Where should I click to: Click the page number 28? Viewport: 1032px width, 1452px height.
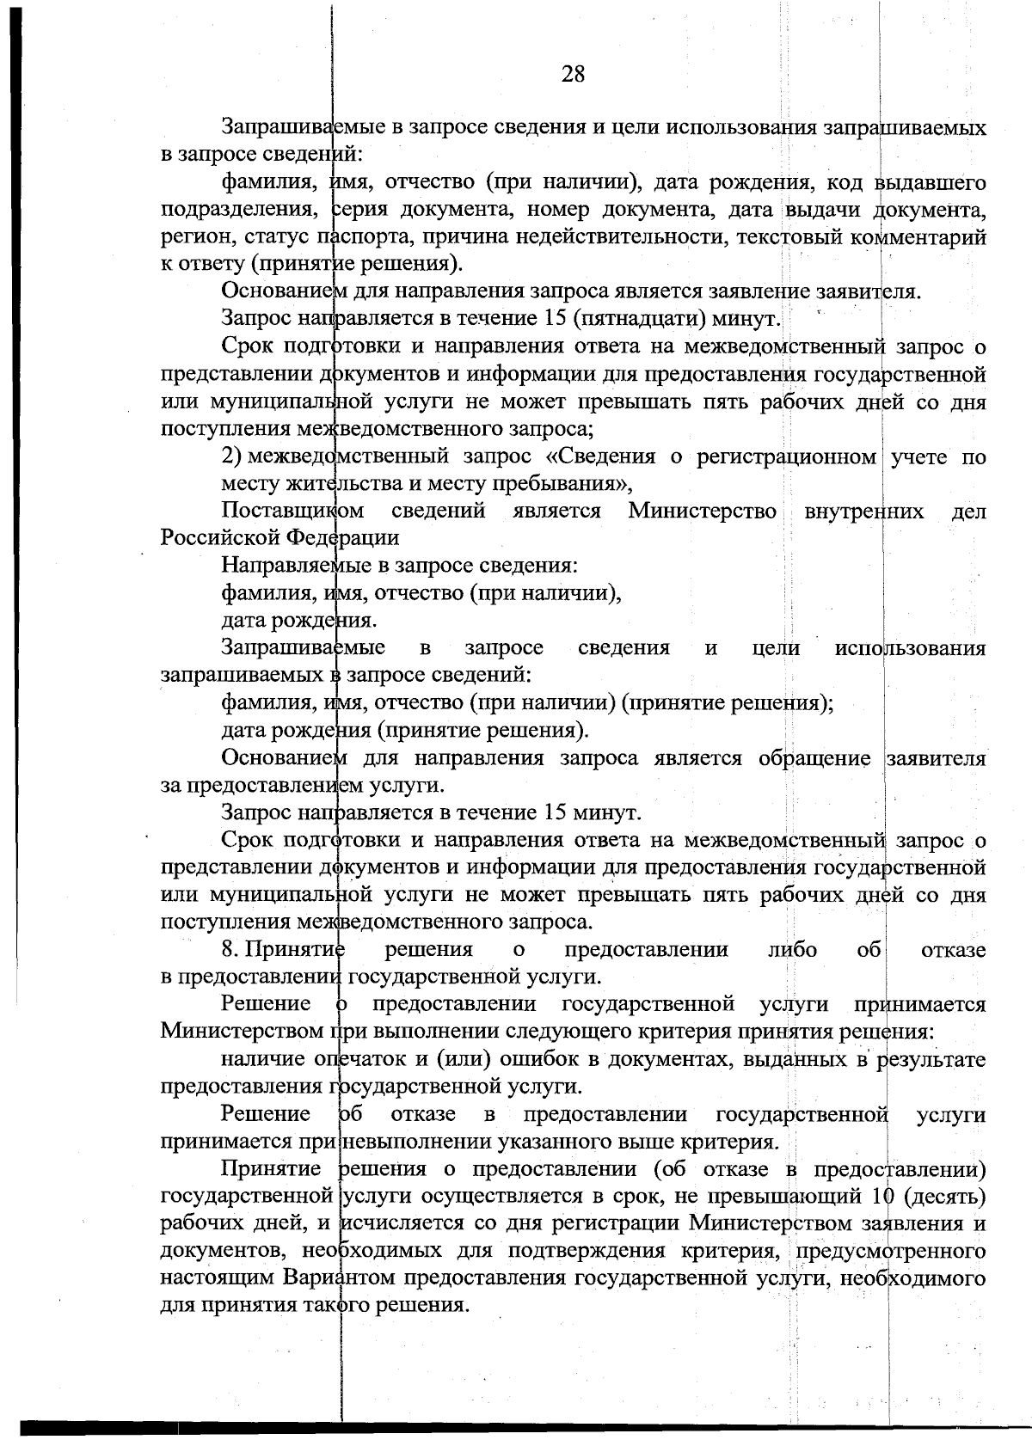573,74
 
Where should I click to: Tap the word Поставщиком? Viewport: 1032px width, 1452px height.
292,511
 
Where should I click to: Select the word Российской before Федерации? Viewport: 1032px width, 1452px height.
220,538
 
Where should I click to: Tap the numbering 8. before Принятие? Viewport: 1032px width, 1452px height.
230,950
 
